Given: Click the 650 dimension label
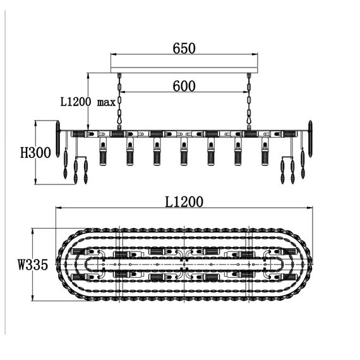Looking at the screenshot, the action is [x=184, y=49].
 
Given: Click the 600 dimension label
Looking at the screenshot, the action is [x=184, y=87].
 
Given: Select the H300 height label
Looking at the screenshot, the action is [x=35, y=153].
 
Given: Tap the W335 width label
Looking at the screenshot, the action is [x=33, y=264].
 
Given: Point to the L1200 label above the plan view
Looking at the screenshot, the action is [x=184, y=202].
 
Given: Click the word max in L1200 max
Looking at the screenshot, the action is [x=106, y=102].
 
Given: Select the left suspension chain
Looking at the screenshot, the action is [x=119, y=101].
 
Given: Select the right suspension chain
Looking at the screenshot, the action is [x=249, y=101].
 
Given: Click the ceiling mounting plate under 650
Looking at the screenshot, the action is [x=184, y=70].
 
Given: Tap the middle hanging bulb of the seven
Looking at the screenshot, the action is [x=184, y=152].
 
